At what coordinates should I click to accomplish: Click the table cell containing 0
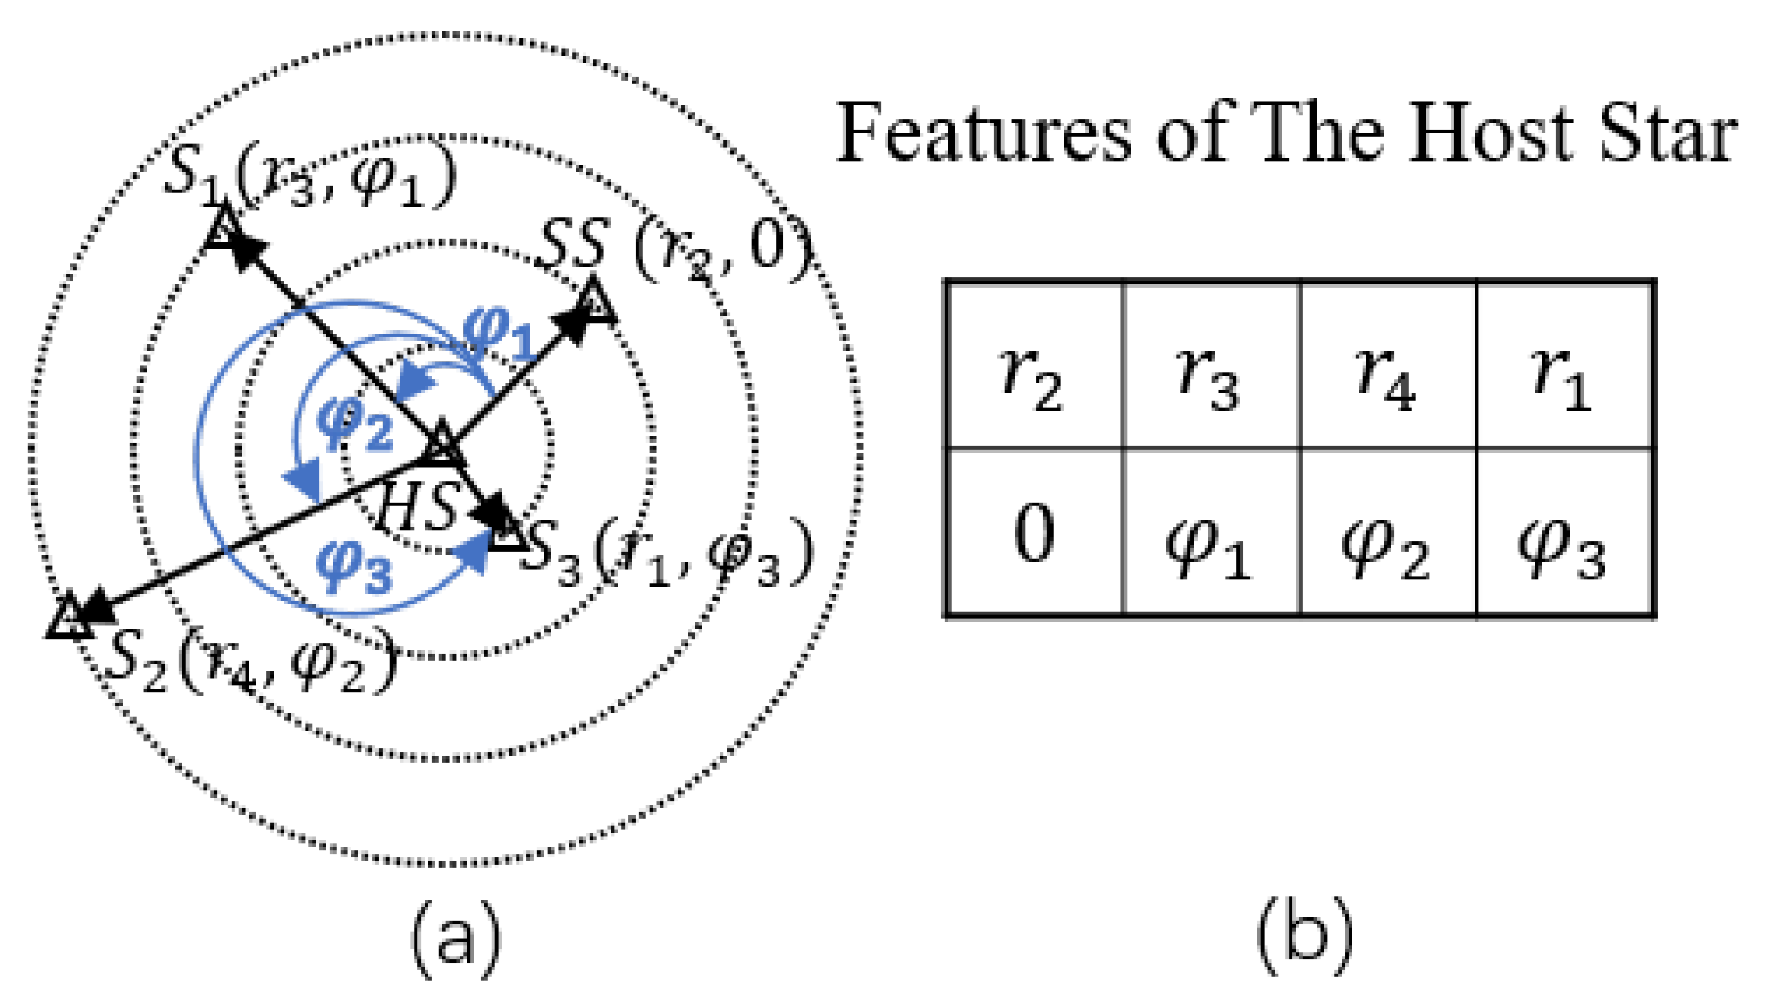tap(1034, 532)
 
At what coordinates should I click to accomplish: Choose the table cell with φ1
tap(1211, 532)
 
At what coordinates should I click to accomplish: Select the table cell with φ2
tap(1388, 532)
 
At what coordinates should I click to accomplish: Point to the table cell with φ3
tap(1564, 532)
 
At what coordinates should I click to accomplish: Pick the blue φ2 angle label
tap(355, 426)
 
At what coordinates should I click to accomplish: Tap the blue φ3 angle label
tap(354, 567)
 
